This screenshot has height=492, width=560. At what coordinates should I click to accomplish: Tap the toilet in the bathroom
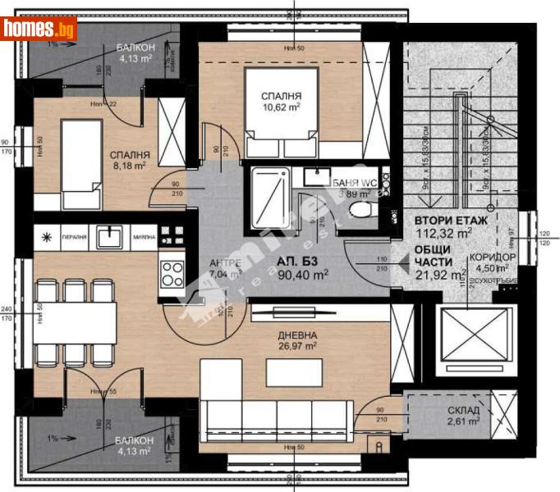(360, 210)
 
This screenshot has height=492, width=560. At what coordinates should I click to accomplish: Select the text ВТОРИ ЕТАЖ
(452, 221)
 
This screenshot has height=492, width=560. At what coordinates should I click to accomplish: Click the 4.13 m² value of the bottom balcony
(132, 450)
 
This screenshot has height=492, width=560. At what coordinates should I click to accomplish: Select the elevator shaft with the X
(466, 336)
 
